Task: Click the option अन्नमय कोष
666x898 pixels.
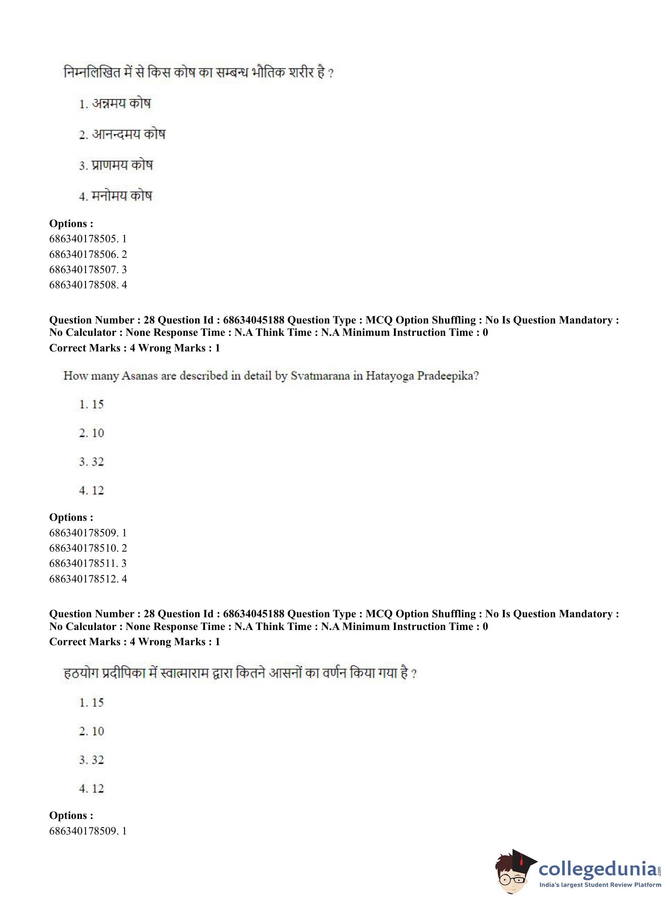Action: click(120, 104)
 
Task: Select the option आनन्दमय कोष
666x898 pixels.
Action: click(128, 134)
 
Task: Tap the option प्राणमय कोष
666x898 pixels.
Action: click(122, 165)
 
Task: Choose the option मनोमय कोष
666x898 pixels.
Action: click(122, 196)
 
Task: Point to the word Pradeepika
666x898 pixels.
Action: click(446, 376)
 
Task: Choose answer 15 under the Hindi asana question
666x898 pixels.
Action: click(97, 703)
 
